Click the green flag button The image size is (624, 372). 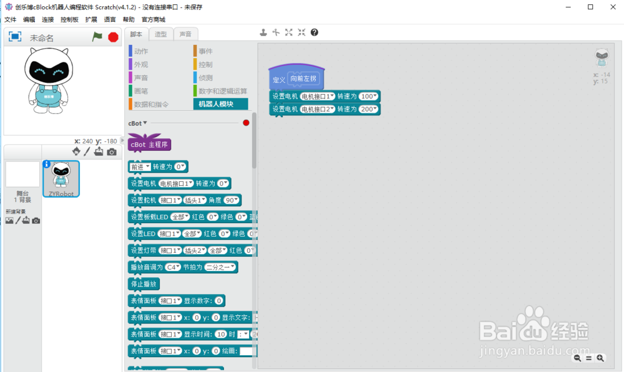coord(97,37)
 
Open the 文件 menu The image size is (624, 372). coord(10,20)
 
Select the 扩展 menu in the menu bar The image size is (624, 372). coord(91,20)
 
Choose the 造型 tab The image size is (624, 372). coord(161,34)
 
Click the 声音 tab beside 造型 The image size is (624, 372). coord(185,34)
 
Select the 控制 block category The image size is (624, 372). coord(205,65)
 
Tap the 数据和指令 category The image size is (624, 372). coord(151,104)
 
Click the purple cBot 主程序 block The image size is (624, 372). coord(149,145)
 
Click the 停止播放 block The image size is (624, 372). coord(144,284)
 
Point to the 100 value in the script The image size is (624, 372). coord(369,97)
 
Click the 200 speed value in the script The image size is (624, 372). coord(369,109)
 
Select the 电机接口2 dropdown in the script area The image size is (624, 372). coord(318,109)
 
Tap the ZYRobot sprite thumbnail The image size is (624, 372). coord(61,178)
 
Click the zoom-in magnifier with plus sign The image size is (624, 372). coord(600,358)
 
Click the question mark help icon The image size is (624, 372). coord(314,32)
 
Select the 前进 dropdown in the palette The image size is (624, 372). coord(140,167)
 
